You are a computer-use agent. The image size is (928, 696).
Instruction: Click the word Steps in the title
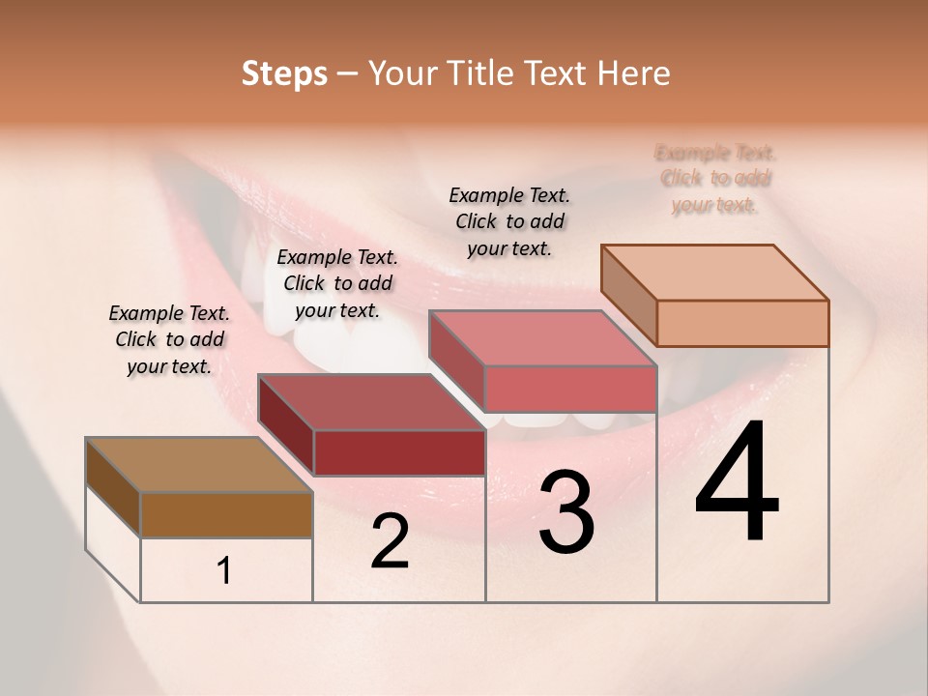(284, 73)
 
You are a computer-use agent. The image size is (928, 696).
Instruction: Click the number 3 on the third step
(566, 512)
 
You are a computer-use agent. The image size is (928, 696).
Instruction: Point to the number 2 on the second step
(390, 541)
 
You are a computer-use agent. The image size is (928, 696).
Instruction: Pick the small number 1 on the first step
(224, 571)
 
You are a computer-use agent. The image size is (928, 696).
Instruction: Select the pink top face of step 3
(542, 338)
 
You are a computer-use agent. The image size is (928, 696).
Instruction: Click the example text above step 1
(169, 339)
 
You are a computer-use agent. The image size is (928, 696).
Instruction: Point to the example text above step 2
(337, 283)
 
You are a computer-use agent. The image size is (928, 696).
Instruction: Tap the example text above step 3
(509, 221)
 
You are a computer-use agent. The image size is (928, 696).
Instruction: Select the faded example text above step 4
(715, 179)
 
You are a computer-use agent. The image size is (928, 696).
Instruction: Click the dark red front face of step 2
(399, 452)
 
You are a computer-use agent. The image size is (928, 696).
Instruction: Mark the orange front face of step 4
(742, 323)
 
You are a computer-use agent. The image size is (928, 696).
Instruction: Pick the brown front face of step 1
(226, 514)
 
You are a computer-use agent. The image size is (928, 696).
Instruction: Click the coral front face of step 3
(570, 389)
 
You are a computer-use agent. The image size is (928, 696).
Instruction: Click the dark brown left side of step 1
(113, 486)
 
